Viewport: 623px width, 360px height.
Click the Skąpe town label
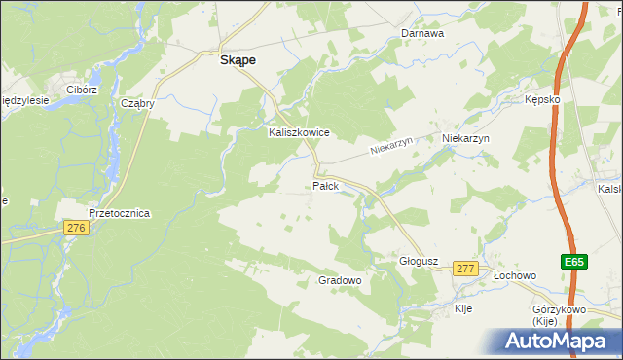[x=238, y=59]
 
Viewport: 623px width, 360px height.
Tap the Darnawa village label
[x=422, y=33]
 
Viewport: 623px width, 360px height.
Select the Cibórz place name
[x=82, y=90]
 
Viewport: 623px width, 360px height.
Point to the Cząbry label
[x=138, y=103]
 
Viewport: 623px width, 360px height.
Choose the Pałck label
[x=325, y=186]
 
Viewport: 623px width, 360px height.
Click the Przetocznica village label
[x=119, y=213]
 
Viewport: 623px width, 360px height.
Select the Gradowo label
[x=340, y=280]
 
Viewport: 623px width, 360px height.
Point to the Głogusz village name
[x=421, y=262]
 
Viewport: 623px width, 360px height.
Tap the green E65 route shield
[x=574, y=262]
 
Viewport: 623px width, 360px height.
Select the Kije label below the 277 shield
[x=464, y=307]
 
